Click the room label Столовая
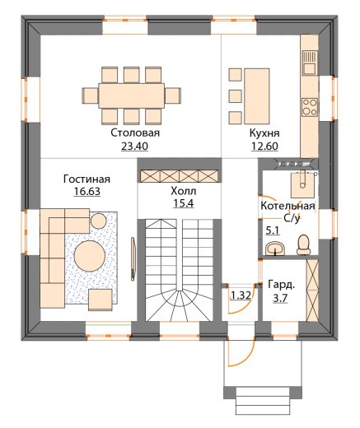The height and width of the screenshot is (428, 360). [x=135, y=133]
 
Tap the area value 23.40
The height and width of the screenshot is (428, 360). [x=134, y=147]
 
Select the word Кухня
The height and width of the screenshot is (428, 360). [x=264, y=133]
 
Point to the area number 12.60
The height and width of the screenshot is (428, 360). [x=264, y=147]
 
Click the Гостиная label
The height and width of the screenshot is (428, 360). [x=86, y=179]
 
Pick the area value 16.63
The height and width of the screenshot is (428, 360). [x=87, y=192]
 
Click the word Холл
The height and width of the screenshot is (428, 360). [x=184, y=191]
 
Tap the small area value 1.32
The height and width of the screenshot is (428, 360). [x=241, y=295]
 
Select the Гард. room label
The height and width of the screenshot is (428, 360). [x=281, y=285]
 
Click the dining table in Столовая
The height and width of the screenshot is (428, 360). [x=132, y=95]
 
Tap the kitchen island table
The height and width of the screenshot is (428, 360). [x=257, y=96]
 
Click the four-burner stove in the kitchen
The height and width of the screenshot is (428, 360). [x=310, y=107]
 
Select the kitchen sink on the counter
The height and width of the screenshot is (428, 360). [x=310, y=63]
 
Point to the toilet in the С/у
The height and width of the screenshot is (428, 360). [x=303, y=244]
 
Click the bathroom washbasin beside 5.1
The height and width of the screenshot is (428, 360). [x=275, y=249]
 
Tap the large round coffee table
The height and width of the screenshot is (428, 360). [x=90, y=256]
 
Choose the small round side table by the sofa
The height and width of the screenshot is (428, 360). [x=99, y=221]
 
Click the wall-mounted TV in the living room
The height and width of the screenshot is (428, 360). [x=133, y=259]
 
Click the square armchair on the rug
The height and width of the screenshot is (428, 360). [x=101, y=300]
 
